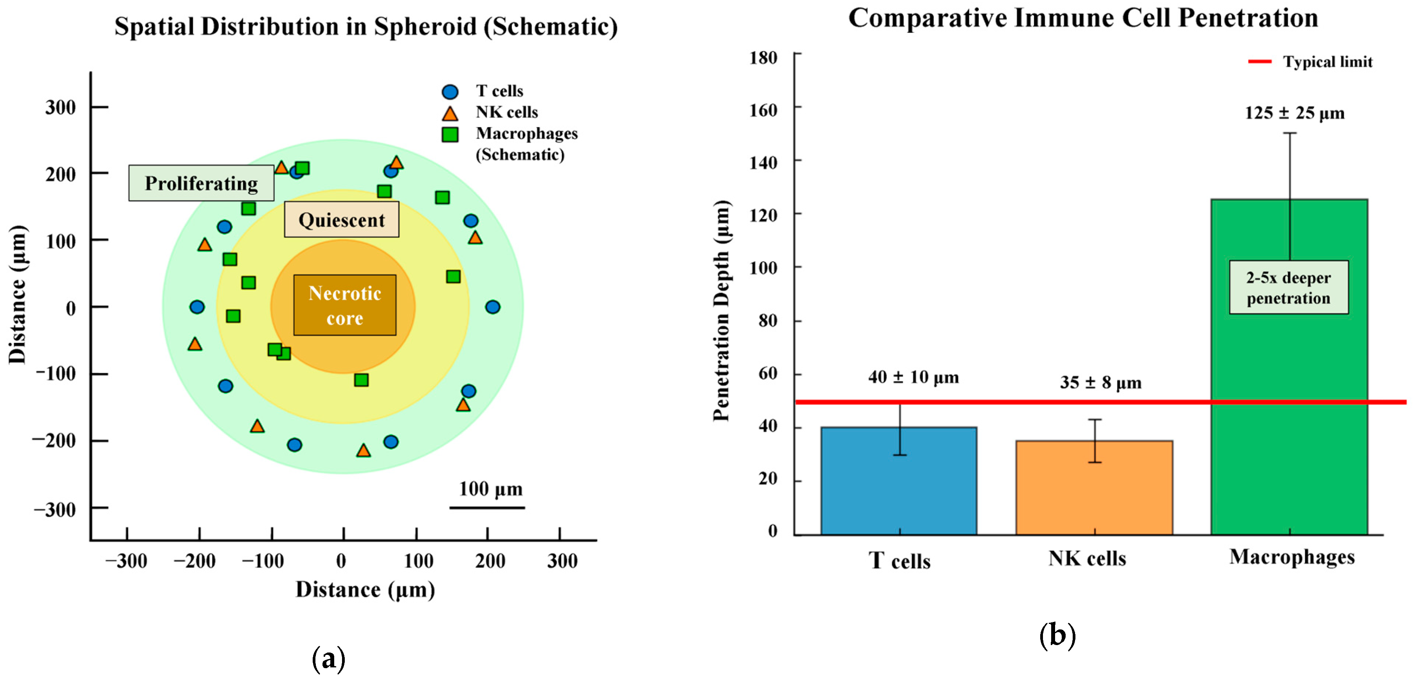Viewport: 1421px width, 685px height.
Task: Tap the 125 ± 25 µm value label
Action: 1294,113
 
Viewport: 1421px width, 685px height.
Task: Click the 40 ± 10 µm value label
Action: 913,377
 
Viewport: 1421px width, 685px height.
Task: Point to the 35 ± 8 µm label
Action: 1100,383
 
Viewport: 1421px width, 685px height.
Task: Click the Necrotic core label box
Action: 345,305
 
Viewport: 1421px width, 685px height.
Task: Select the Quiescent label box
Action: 342,220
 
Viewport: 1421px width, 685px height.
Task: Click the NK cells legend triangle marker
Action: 450,114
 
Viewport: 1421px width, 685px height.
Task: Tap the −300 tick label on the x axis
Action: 126,561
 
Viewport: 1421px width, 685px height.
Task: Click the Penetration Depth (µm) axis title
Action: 722,310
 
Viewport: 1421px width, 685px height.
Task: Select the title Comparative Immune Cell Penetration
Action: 1083,18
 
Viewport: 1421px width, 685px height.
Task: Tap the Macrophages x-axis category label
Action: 1291,557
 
